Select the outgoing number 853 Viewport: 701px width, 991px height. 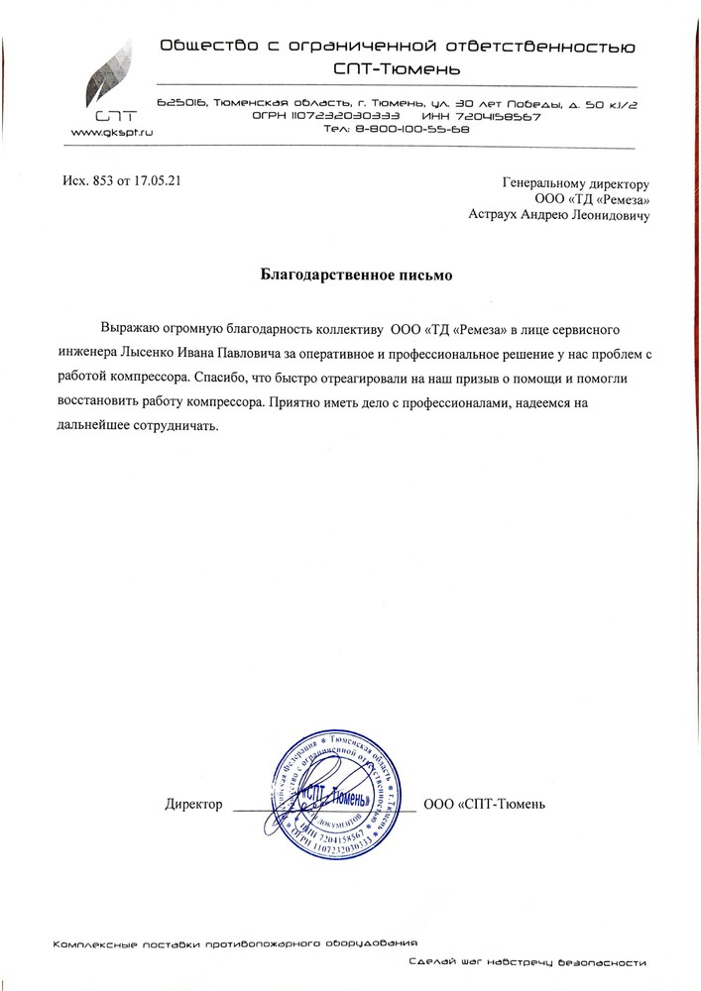[100, 180]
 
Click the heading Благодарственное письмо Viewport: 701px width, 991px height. [350, 274]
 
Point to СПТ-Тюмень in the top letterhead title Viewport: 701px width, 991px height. [397, 70]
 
